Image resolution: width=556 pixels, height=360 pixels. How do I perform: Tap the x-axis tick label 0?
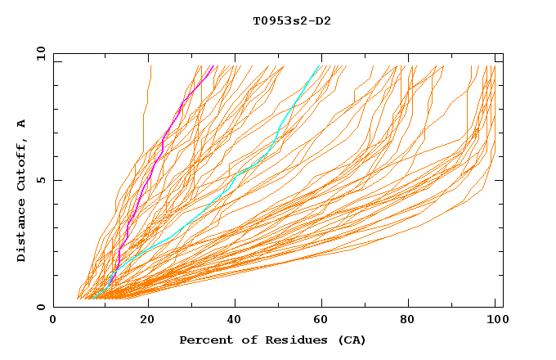pyautogui.click(x=53, y=321)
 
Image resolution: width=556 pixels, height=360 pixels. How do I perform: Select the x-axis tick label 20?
pyautogui.click(x=148, y=321)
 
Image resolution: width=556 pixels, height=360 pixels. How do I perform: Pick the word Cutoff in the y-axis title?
pyautogui.click(x=22, y=164)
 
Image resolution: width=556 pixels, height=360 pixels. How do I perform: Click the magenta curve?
pyautogui.click(x=147, y=180)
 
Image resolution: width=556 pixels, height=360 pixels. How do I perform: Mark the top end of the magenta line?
pyautogui.click(x=213, y=65)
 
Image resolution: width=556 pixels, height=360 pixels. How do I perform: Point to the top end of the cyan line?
pyautogui.click(x=320, y=65)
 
